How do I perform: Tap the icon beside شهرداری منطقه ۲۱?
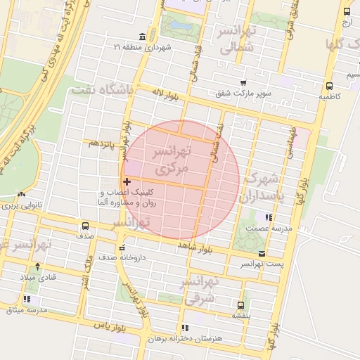coord(143,37)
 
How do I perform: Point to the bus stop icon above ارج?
coord(347,11)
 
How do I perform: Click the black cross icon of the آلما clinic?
coord(126,182)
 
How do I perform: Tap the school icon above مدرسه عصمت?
coord(267,217)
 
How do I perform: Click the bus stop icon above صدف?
coord(85,226)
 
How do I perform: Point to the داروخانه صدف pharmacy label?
coord(146,258)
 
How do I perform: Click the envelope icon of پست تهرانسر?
coord(262,253)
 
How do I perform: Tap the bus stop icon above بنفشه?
coord(240,305)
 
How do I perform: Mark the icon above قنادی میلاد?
coord(37,266)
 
